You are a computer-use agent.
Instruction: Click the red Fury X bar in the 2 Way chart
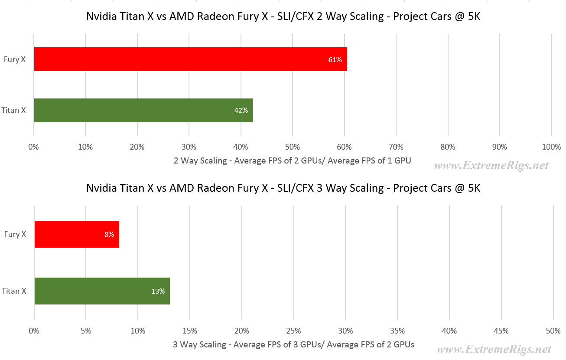click(x=191, y=59)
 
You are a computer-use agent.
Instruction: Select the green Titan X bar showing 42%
click(x=143, y=110)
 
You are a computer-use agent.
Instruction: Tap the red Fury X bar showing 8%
click(x=77, y=234)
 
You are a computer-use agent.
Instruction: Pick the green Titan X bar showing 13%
click(x=102, y=291)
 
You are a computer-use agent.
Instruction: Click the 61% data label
click(x=335, y=60)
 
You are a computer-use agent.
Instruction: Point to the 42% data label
click(x=241, y=111)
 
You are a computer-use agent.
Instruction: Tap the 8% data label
click(x=109, y=235)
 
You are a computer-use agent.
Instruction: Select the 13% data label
click(x=158, y=291)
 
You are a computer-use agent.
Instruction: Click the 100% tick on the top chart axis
click(x=551, y=147)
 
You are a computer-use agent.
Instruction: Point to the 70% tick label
click(x=396, y=147)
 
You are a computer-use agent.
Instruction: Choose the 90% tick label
click(x=499, y=147)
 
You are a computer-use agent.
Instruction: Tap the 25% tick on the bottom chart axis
click(x=293, y=331)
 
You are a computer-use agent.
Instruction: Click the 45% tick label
click(x=501, y=331)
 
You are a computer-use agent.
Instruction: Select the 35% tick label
click(x=397, y=331)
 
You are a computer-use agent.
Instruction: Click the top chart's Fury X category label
click(x=14, y=60)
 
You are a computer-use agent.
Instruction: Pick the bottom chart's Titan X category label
click(x=14, y=291)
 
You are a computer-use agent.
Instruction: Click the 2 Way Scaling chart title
click(x=283, y=18)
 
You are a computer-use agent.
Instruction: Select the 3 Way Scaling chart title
click(x=283, y=188)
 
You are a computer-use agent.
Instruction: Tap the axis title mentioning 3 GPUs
click(x=293, y=345)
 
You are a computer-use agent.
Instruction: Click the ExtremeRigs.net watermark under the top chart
click(x=491, y=165)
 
